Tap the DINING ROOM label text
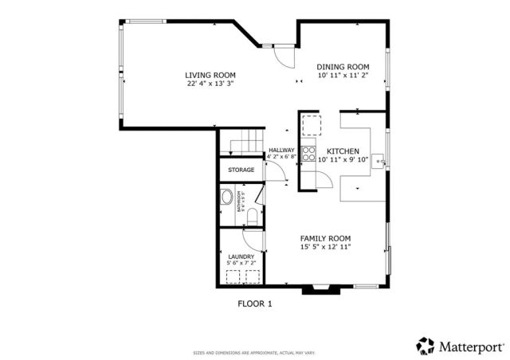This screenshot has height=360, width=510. point(343,67)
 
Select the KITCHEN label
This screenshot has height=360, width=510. point(343,151)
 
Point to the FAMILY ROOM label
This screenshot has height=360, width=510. point(324,238)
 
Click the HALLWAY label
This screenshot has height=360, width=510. point(281,151)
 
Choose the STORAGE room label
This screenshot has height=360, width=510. point(241,170)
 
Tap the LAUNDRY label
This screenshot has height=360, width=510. point(241,256)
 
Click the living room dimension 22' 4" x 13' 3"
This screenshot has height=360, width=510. point(210,83)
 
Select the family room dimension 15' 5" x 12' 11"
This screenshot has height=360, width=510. point(324,247)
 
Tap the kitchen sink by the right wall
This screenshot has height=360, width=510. point(381,162)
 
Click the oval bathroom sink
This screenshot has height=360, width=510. point(226,197)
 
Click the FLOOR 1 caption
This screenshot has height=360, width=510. point(255,303)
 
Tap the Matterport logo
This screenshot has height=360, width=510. point(461,346)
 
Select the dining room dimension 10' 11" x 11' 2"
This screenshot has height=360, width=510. point(343,76)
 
